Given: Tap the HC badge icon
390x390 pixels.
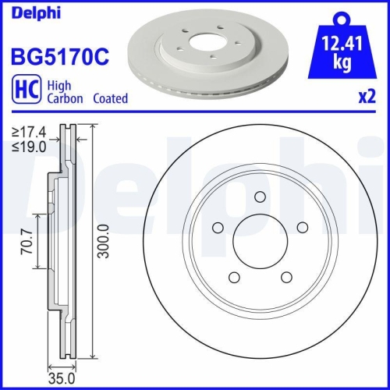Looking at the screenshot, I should pos(23,91).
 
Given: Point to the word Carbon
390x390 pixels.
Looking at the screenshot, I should pos(65,99).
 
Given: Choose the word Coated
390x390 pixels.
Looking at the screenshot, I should pos(111,99).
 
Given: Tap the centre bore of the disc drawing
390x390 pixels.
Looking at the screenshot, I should pos(261,239).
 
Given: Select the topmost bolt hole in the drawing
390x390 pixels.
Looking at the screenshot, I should pos(261,196).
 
